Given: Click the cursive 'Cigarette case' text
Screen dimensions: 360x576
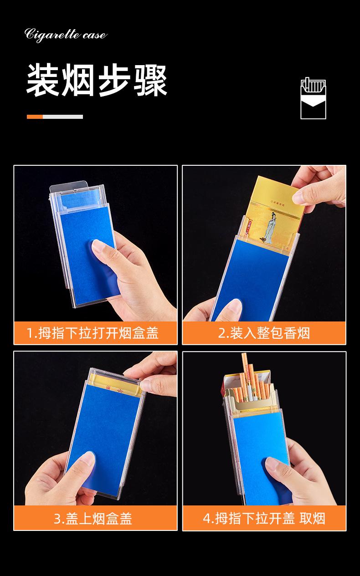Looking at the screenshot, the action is pyautogui.click(x=66, y=35).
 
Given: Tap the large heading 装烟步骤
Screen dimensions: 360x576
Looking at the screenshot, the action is pyautogui.click(x=97, y=81).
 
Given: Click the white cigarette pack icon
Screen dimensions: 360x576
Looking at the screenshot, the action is pyautogui.click(x=313, y=98).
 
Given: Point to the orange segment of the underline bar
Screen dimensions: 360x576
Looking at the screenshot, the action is pyautogui.click(x=35, y=117).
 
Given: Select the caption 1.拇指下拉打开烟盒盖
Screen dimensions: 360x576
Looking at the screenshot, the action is pyautogui.click(x=93, y=333).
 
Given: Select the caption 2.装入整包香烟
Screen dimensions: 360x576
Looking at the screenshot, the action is pyautogui.click(x=264, y=333).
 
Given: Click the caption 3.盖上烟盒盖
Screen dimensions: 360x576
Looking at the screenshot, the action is pyautogui.click(x=93, y=518).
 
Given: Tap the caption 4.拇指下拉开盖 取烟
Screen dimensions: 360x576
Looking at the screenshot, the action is pyautogui.click(x=264, y=518).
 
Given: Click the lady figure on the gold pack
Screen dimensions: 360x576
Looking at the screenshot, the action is pyautogui.click(x=269, y=228).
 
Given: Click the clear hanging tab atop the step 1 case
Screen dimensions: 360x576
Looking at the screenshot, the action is pyautogui.click(x=69, y=187).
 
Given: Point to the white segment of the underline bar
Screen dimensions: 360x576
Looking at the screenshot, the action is pyautogui.click(x=63, y=117).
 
